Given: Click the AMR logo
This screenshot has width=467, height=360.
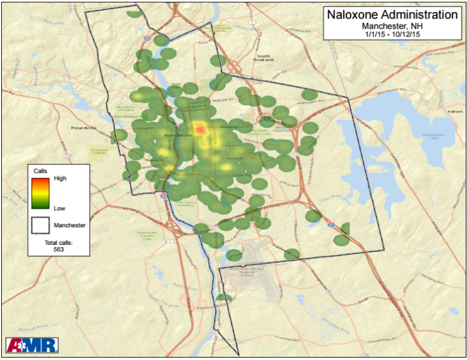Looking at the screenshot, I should point(31,345).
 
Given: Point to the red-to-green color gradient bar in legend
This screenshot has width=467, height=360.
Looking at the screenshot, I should point(41,193).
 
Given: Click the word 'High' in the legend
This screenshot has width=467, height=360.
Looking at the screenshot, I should point(60,179).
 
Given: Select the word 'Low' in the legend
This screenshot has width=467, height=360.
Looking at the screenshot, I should point(59,208).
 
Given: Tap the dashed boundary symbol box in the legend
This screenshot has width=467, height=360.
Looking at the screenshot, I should point(41,225).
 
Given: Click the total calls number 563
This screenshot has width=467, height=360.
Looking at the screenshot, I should point(59,249).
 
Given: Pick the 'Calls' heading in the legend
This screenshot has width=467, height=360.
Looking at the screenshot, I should point(40,171).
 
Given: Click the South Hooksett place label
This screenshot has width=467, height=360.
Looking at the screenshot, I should point(261,58).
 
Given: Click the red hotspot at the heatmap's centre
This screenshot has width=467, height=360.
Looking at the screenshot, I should point(200,128).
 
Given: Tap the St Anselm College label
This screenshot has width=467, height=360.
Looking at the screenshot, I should point(98,151).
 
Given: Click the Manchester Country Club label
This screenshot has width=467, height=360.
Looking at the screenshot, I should point(147,236).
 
